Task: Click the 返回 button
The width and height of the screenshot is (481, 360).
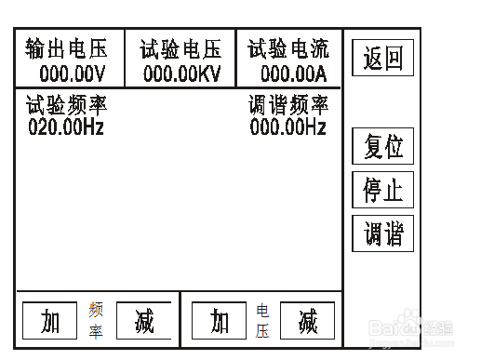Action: tap(382, 59)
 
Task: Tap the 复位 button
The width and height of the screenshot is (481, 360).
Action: tap(382, 147)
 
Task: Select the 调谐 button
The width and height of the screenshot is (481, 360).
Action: tap(382, 232)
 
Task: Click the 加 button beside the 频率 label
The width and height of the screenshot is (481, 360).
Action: tap(50, 321)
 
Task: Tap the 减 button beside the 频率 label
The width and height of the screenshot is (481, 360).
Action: tap(143, 321)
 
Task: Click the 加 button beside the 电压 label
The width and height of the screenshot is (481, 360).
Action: tap(220, 321)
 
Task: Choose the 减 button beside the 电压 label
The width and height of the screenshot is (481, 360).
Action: tap(307, 321)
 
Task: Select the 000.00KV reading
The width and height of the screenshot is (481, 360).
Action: tap(180, 72)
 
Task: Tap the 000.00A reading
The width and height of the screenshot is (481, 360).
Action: tap(291, 72)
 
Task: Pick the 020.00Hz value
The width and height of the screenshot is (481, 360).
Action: tap(65, 126)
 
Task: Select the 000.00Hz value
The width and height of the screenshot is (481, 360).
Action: tap(288, 126)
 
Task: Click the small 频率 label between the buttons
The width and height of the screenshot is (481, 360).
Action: tap(96, 321)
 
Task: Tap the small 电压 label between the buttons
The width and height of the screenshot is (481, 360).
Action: tap(263, 321)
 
